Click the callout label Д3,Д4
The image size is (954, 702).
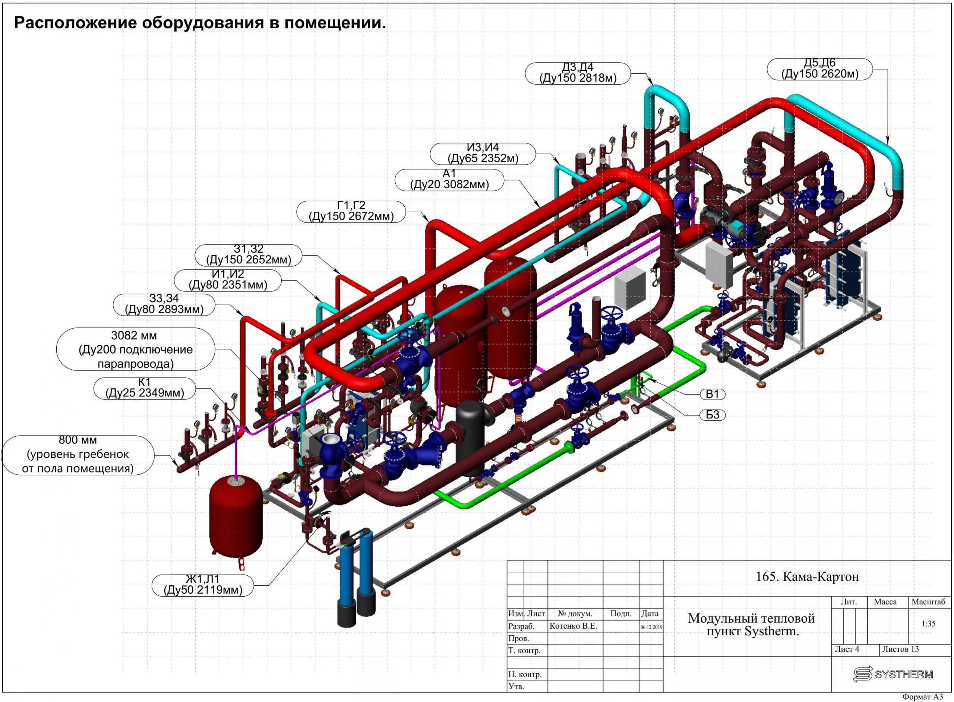578,73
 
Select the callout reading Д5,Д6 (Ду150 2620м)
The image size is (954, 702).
819,69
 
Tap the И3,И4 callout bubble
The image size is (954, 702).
483,154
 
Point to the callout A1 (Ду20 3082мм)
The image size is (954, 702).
449,180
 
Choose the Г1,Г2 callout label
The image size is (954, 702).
351,211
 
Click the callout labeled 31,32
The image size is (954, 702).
249,255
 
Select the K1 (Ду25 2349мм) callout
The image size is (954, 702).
145,388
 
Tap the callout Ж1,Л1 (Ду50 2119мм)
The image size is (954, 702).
203,585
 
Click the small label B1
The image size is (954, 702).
712,394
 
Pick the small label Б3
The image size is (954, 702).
712,415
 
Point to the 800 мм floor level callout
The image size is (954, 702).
78,454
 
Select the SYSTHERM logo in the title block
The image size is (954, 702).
893,674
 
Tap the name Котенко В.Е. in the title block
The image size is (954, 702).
573,626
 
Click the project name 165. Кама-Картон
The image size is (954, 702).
807,577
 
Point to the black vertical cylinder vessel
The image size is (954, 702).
470,438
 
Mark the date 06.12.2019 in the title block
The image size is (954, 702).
651,627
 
